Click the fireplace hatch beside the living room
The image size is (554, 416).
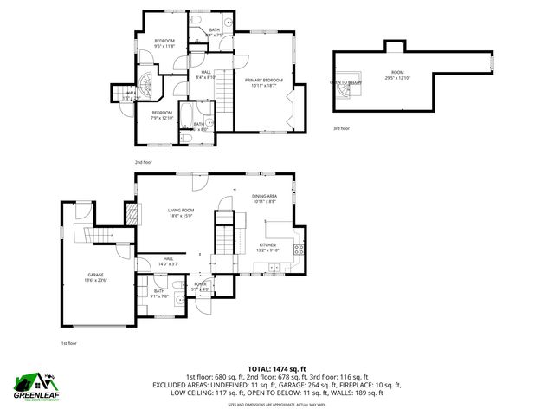click(x=132, y=215)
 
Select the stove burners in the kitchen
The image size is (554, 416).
click(x=299, y=250)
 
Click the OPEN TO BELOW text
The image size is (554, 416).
click(x=345, y=82)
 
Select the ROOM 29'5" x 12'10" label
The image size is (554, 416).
click(x=397, y=75)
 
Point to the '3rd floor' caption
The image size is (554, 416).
click(x=342, y=128)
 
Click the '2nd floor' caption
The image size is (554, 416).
click(x=144, y=162)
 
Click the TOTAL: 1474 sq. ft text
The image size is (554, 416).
click(x=277, y=369)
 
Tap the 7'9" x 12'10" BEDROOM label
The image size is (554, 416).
click(x=162, y=115)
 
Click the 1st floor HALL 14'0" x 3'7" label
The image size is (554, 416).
click(x=168, y=261)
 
